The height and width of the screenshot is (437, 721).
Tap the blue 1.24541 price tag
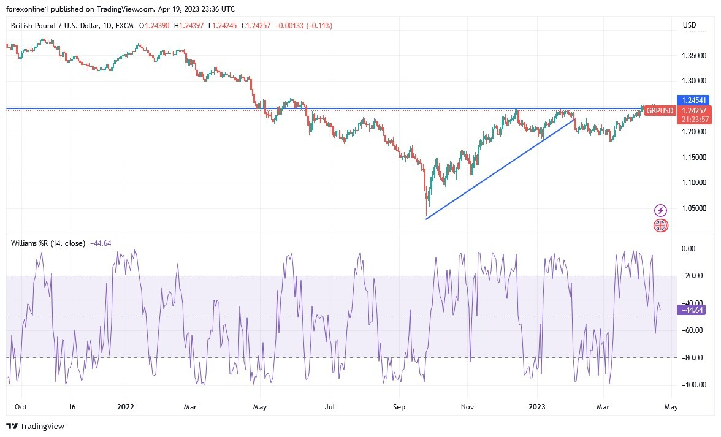coord(693,99)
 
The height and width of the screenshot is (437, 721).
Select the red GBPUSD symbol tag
coord(660,111)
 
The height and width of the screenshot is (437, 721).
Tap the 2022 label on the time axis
coord(126,406)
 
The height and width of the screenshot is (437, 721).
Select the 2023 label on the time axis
coord(536,406)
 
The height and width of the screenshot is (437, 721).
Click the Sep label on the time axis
coord(400,406)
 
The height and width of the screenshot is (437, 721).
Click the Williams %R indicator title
coord(48,243)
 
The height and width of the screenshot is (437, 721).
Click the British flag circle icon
coord(660,226)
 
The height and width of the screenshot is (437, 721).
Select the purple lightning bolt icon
coord(660,210)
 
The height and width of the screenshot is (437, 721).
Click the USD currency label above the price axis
coord(690,25)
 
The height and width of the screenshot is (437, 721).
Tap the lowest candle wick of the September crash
coord(426,215)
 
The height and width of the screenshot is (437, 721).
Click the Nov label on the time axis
coord(468,406)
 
